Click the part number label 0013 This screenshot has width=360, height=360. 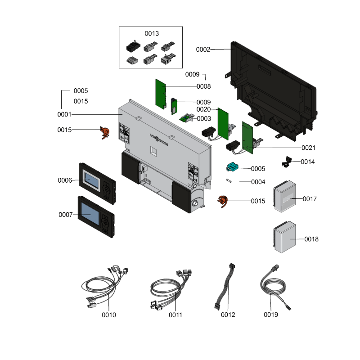pyautogui.click(x=152, y=33)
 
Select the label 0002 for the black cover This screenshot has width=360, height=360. pyautogui.click(x=203, y=49)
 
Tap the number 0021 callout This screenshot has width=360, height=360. pyautogui.click(x=308, y=148)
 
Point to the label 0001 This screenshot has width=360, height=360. pyautogui.click(x=65, y=114)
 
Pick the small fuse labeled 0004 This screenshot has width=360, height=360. pyautogui.click(x=229, y=181)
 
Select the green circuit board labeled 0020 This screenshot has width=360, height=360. pyautogui.click(x=223, y=124)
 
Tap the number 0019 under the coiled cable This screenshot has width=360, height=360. pyautogui.click(x=271, y=315)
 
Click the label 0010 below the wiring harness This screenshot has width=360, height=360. pyautogui.click(x=108, y=315)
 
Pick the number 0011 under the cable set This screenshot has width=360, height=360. pyautogui.click(x=175, y=315)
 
